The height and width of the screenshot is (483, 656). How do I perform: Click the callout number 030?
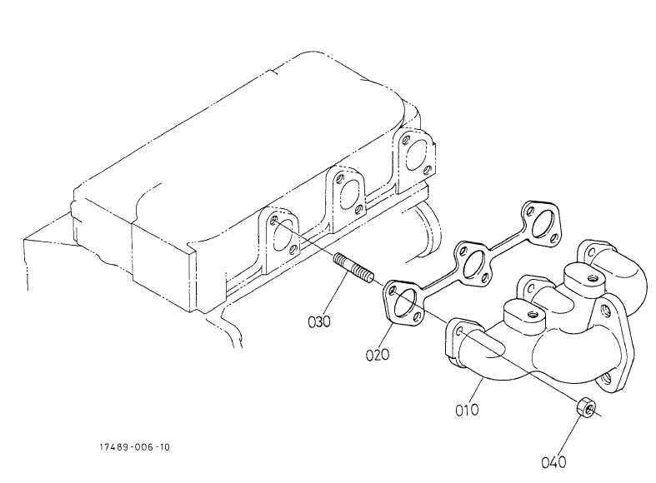coord(319,321)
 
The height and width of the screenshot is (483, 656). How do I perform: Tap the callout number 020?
coord(378,355)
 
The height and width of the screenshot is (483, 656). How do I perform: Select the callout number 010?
coord(467,410)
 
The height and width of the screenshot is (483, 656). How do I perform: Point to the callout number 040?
coord(553,462)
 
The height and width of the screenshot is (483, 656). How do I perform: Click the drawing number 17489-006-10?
coord(135,447)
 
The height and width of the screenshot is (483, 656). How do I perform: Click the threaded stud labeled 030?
coord(354,270)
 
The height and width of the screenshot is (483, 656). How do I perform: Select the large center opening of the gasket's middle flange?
coord(473,264)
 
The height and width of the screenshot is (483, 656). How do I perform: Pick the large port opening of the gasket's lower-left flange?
coord(403,304)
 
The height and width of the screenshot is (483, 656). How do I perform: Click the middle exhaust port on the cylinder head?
coord(348,195)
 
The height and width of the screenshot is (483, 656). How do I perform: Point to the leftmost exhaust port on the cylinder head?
coord(281,237)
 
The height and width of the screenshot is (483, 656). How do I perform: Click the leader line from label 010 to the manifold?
coord(477,390)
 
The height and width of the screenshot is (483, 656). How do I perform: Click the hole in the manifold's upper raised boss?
coord(592,278)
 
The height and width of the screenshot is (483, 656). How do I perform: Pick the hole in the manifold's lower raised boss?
coord(532,314)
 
